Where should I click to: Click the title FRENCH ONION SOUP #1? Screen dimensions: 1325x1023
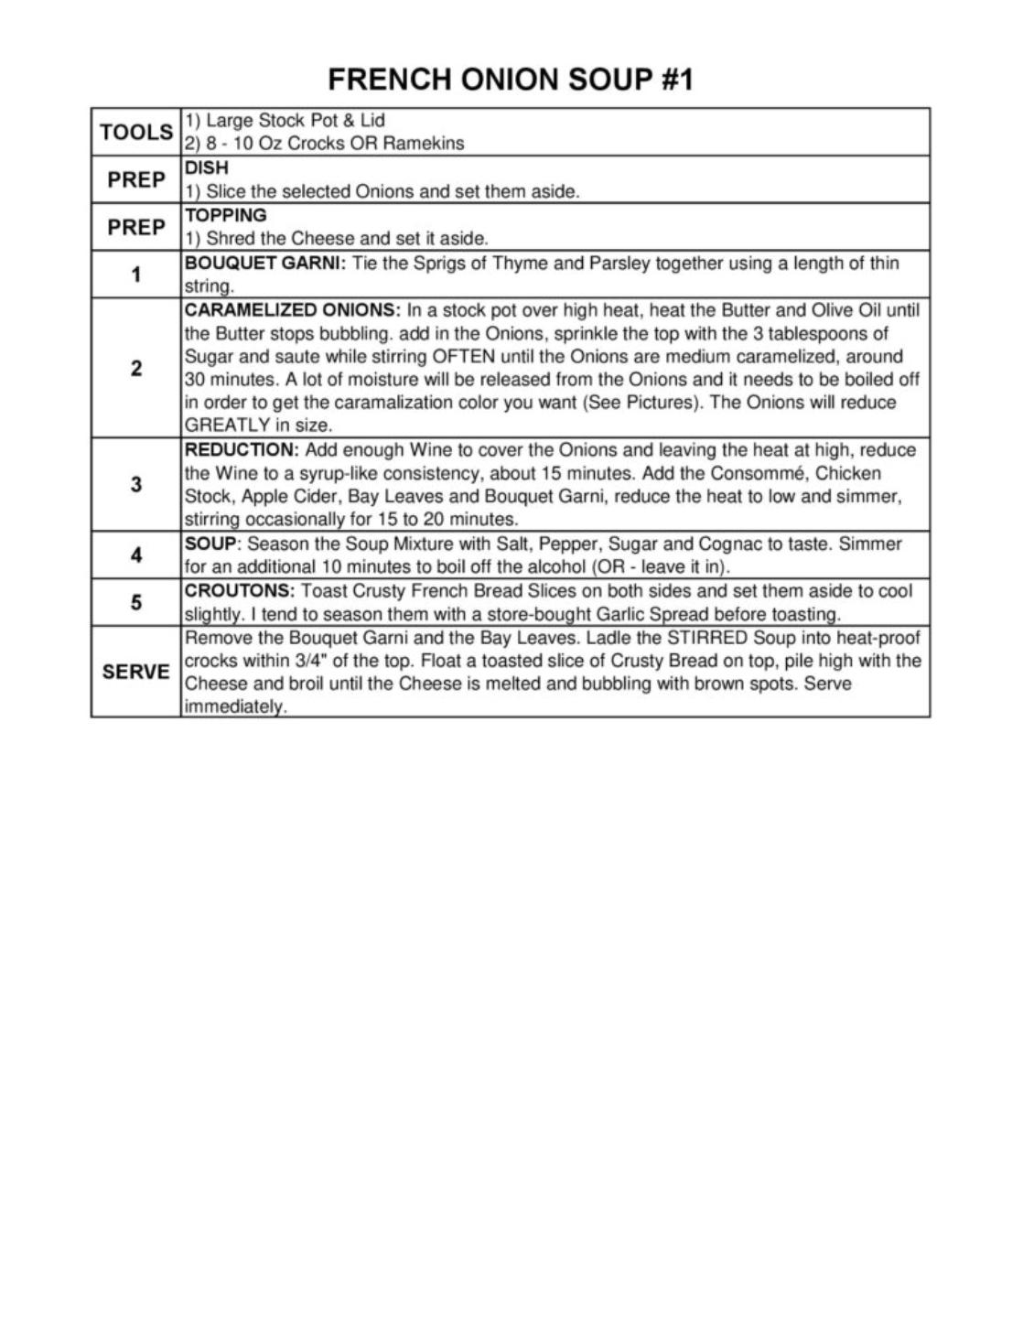(511, 80)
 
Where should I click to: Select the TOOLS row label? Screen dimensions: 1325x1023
(136, 132)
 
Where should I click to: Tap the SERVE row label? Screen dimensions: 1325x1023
(136, 672)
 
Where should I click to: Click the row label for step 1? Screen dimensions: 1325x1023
(136, 274)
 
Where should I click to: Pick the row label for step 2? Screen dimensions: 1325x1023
(136, 368)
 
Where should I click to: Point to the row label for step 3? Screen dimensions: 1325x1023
(136, 484)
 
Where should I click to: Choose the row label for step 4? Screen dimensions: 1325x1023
(136, 555)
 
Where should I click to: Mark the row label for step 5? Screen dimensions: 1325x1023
(136, 602)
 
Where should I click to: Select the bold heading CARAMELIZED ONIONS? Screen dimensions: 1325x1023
(293, 310)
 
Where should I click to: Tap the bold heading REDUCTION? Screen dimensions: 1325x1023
(242, 450)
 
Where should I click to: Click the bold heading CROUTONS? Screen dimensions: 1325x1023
(240, 591)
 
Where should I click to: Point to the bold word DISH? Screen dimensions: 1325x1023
(207, 168)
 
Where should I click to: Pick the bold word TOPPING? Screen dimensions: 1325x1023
(226, 216)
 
